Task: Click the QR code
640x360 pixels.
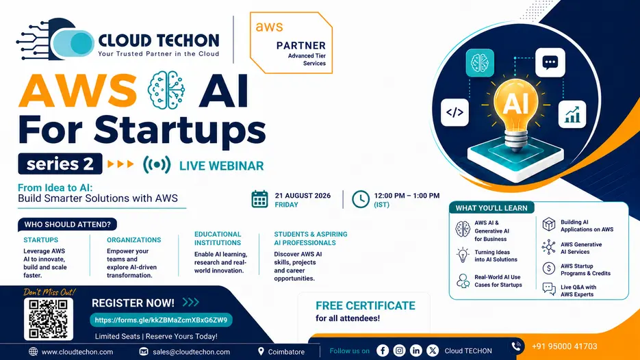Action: coord(49,319)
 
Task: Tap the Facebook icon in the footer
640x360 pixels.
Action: coord(383,350)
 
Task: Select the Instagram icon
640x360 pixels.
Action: coord(399,350)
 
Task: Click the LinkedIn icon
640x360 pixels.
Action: coord(416,350)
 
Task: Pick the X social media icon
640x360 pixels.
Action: coord(433,350)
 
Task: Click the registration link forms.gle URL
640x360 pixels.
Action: coord(162,320)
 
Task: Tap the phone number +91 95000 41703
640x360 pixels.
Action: coord(565,346)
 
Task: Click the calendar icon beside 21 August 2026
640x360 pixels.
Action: coord(259,199)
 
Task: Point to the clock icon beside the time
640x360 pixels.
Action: coord(361,199)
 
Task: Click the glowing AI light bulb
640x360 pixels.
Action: coord(516,110)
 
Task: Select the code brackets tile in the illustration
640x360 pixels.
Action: coord(455,112)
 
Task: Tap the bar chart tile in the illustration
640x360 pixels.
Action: coord(572,114)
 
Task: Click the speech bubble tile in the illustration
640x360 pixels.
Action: coord(550,62)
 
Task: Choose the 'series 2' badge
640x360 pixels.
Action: coord(60,164)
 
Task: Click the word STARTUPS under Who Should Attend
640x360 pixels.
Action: coord(41,240)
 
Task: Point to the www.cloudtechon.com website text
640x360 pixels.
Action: coord(77,352)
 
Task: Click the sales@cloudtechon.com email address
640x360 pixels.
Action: coord(192,352)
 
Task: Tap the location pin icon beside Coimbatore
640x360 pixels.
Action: coord(261,351)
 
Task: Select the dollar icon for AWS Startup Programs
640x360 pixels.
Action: coord(548,268)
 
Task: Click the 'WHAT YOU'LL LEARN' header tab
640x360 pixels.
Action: coord(491,208)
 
